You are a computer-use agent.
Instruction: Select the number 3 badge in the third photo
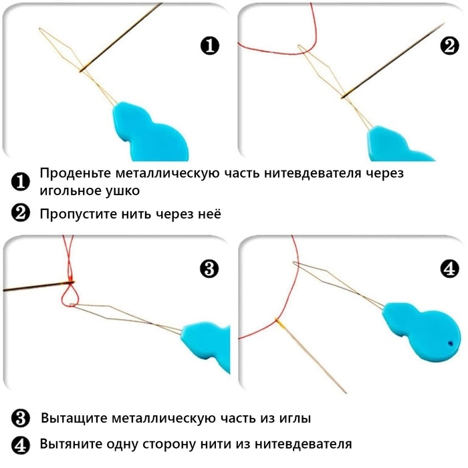click(x=209, y=269)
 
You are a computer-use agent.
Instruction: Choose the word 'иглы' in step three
click(x=291, y=419)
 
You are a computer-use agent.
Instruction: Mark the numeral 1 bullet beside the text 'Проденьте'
click(x=21, y=181)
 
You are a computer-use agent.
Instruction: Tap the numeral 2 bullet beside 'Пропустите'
click(x=21, y=214)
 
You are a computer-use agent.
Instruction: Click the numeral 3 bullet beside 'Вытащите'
click(x=21, y=419)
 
